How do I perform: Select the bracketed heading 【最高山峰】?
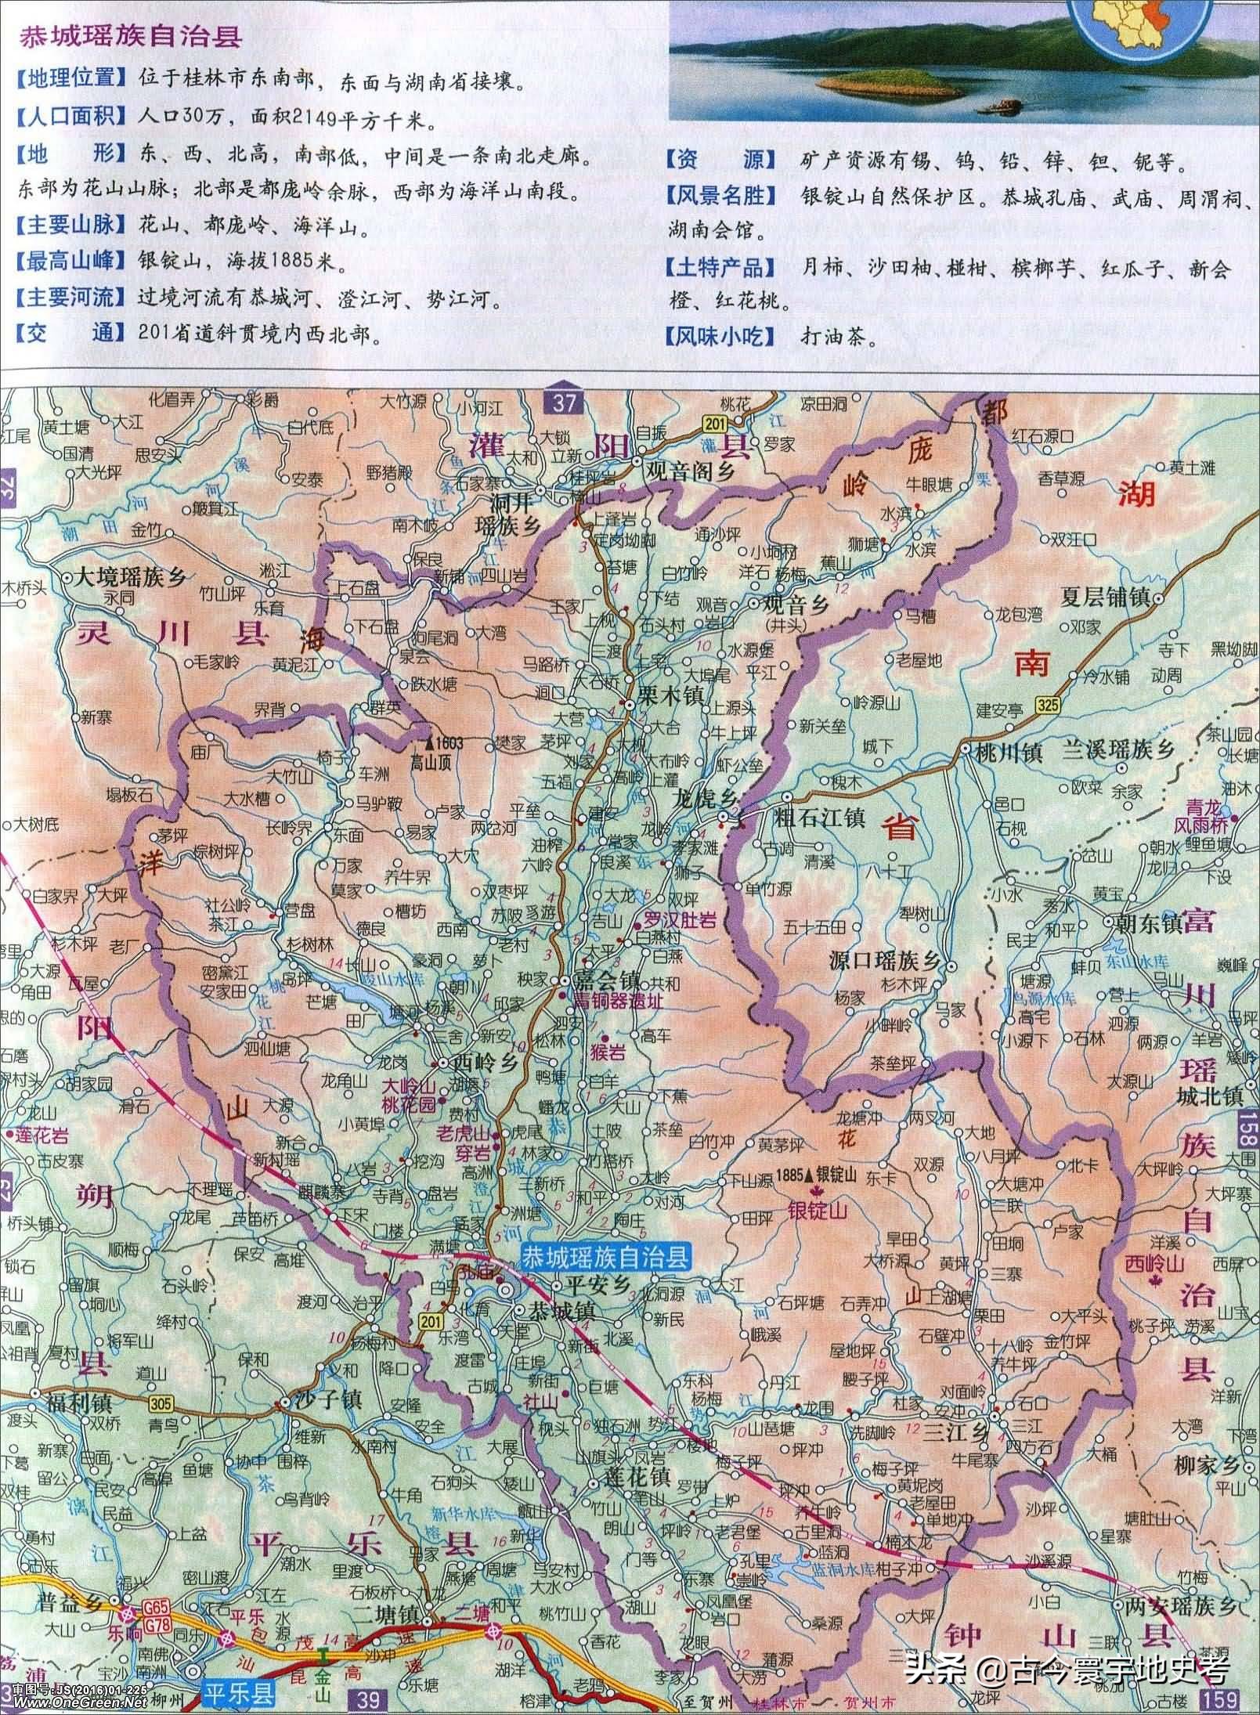[70, 262]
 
